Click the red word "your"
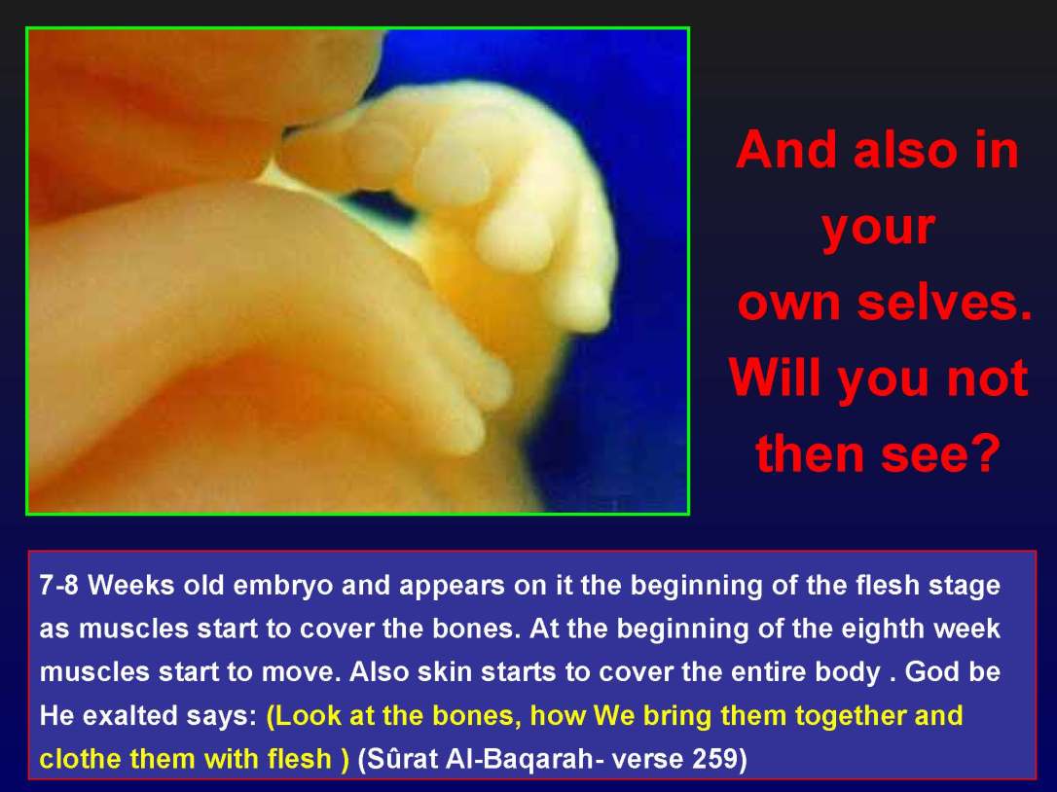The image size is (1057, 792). point(878,228)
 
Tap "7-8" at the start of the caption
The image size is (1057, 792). point(59,587)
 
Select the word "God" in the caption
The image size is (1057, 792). point(928,673)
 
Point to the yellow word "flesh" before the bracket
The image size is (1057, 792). point(298,759)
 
